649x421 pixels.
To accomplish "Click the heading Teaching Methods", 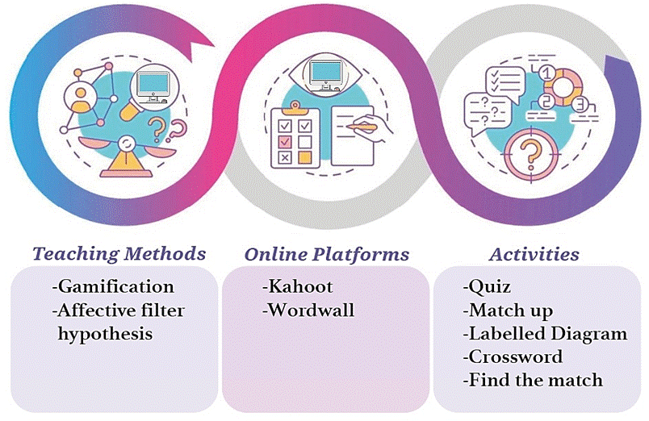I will [x=119, y=254].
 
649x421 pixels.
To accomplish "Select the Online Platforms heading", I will [x=327, y=254].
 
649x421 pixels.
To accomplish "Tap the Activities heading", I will [x=534, y=254].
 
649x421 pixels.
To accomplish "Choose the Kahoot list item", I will [x=298, y=286].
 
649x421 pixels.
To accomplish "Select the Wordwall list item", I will [x=308, y=311].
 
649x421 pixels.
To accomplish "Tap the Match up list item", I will [x=509, y=311].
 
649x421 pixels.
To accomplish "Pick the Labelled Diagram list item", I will [x=543, y=334].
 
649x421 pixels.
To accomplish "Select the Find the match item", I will [x=533, y=380].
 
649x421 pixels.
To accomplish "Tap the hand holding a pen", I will [x=368, y=127].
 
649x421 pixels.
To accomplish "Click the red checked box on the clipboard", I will [x=284, y=141].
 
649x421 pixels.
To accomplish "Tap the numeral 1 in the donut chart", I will [x=546, y=73].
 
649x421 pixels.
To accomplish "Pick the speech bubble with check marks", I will [x=505, y=81].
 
